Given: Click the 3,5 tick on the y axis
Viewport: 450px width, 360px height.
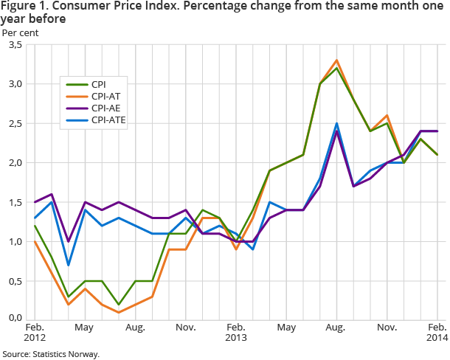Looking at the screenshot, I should (x=13, y=45).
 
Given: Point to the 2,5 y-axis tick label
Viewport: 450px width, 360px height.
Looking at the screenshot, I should (x=13, y=123).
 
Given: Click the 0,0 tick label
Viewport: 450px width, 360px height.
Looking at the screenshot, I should (x=13, y=318).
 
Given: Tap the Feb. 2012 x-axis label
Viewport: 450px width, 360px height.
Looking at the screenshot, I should (x=35, y=331).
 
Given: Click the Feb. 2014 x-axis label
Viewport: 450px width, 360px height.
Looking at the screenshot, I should (x=437, y=331).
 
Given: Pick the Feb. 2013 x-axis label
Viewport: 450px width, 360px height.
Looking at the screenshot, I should (x=236, y=331).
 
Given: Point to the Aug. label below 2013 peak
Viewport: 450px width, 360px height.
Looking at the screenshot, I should (x=336, y=326).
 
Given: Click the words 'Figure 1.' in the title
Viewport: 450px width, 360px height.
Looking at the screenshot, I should (x=23, y=7).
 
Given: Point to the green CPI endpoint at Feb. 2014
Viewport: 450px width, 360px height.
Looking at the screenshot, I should (x=437, y=154).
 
